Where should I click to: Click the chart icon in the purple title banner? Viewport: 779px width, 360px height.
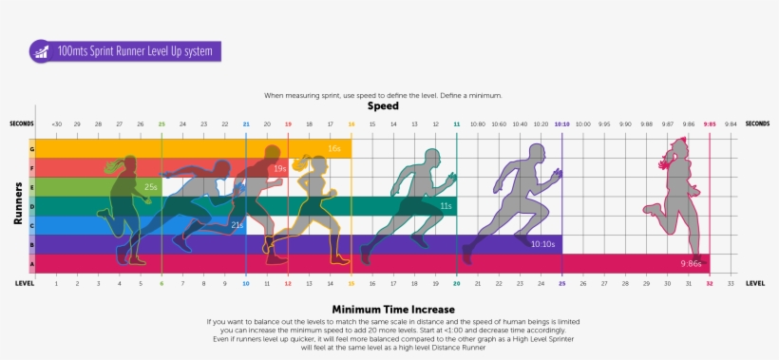click(41, 51)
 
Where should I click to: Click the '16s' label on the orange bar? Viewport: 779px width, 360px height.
click(334, 148)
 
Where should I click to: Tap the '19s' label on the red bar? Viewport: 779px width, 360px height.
click(280, 168)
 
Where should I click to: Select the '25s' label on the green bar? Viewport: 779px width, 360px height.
click(151, 187)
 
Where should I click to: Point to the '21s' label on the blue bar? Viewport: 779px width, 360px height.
click(237, 225)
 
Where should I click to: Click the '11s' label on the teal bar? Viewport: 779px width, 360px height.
click(445, 206)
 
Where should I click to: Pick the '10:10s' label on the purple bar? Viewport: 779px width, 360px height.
click(543, 244)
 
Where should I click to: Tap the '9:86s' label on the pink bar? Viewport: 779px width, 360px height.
click(691, 263)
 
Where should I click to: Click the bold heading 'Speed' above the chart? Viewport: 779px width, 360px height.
click(383, 106)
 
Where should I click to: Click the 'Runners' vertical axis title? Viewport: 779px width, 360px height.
click(17, 204)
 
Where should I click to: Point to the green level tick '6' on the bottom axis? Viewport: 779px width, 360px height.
click(161, 283)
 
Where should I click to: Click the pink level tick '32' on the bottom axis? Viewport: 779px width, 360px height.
click(710, 283)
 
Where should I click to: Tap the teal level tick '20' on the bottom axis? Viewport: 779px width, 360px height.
click(456, 283)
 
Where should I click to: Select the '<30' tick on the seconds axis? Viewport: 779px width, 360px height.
click(56, 123)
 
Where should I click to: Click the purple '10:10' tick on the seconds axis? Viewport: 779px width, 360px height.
click(561, 123)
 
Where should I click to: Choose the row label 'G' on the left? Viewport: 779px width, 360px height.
click(32, 148)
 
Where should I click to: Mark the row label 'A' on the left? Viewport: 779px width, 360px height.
click(32, 263)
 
